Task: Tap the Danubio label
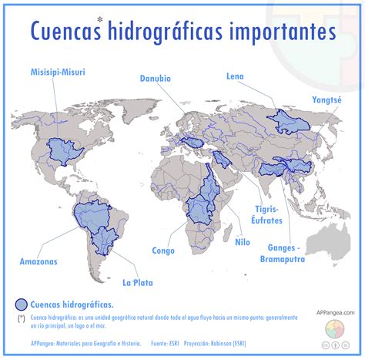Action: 156,78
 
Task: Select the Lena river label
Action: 235,76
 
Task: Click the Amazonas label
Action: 39,261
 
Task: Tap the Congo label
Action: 163,251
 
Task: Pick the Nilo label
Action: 243,241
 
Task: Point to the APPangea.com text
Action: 335,312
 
